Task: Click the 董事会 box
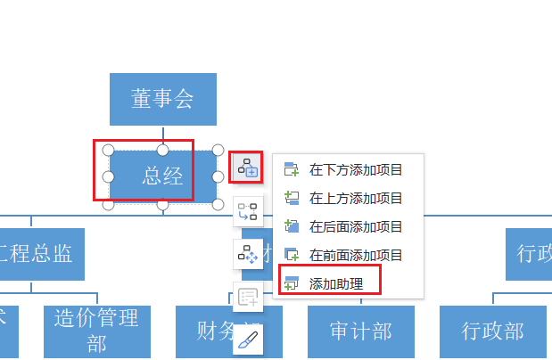coord(163,99)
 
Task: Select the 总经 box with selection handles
coord(162,176)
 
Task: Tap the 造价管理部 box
coord(96,331)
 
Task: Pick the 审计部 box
coord(361,331)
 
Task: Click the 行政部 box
coord(492,331)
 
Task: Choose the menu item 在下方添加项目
coord(356,169)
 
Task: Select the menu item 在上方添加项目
coord(356,198)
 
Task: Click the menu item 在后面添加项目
coord(356,226)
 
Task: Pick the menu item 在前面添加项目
coord(356,255)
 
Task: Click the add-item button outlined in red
coord(247,167)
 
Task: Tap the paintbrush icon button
coord(248,340)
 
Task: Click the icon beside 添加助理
coord(292,283)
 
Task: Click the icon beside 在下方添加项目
coord(292,169)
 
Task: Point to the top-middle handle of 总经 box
coord(163,149)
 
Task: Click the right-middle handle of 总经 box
coord(218,176)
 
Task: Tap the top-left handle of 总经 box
coord(108,149)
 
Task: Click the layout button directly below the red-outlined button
coord(248,211)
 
